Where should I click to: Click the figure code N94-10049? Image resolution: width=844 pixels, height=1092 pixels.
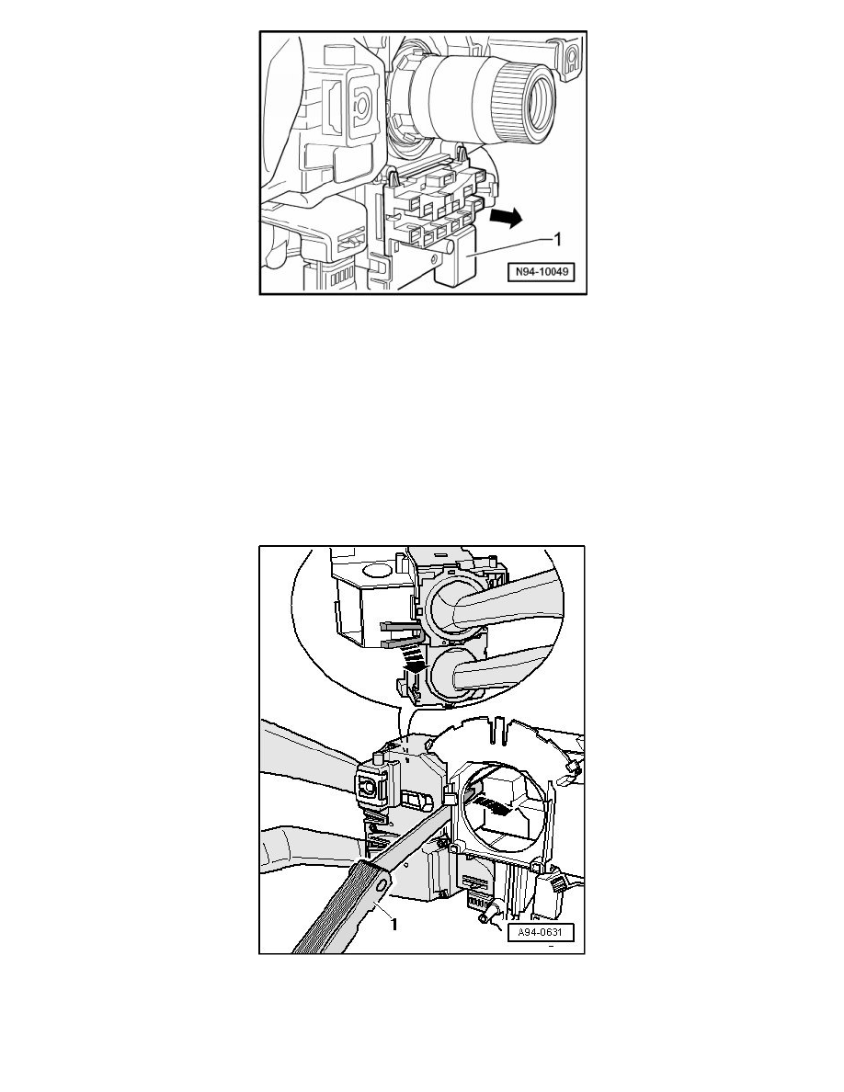541,272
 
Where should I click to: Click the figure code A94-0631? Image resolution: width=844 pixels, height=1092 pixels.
541,932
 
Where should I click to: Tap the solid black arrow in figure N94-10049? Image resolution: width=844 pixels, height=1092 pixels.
506,218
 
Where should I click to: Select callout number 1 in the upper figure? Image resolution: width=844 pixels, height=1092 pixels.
556,240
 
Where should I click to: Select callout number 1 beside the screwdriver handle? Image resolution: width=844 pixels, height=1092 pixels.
394,924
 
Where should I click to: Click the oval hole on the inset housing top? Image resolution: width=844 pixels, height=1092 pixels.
375,572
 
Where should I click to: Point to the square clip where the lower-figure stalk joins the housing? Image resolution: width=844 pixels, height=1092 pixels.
369,786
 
